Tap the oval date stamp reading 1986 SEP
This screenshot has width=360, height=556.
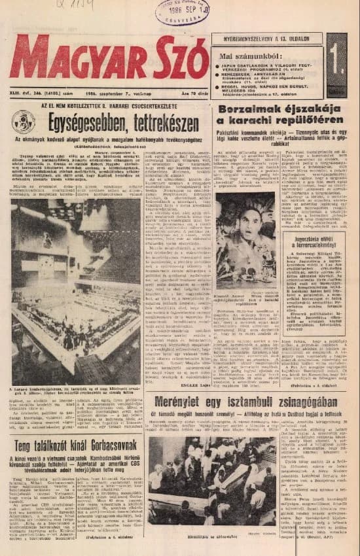coord(178,12)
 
